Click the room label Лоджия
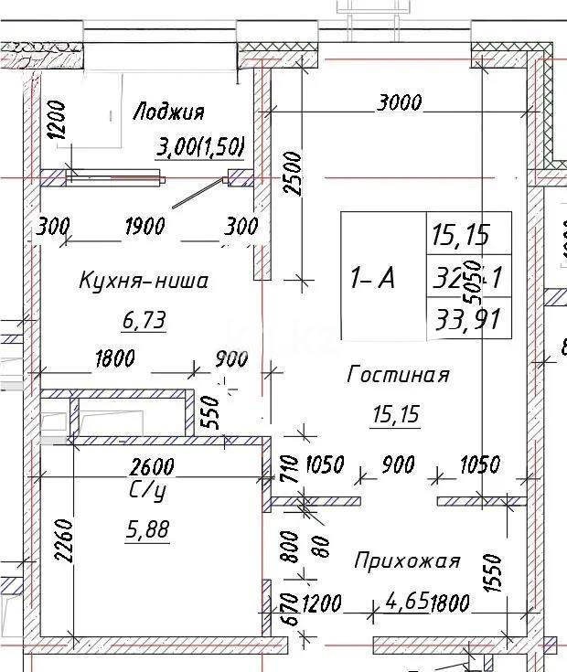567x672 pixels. pos(168,112)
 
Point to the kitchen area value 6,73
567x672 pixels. pos(144,320)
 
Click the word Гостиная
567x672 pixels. pos(398,374)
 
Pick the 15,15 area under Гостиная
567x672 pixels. pos(395,415)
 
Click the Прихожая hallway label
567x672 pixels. pos(407,560)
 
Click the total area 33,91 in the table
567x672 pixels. pos(468,320)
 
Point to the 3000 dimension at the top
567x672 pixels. pos(399,102)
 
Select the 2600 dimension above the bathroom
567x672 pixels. pos(152,466)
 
